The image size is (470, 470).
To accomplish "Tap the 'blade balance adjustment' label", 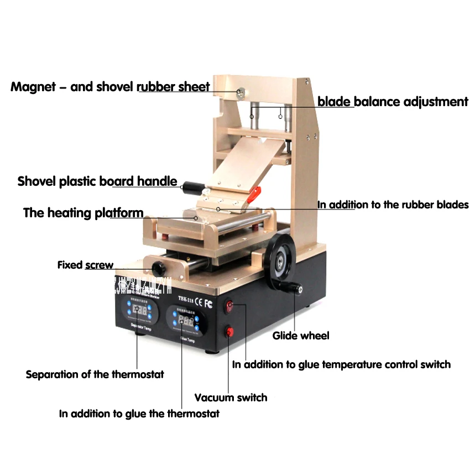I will [393, 102].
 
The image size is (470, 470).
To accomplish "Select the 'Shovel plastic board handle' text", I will [97, 181].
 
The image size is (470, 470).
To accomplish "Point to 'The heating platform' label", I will [83, 213].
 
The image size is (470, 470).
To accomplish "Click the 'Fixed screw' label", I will [85, 265].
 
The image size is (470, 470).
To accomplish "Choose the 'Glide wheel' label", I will [301, 336].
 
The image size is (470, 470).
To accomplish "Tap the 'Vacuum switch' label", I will [231, 397].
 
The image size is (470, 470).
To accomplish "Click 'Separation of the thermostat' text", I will [95, 374].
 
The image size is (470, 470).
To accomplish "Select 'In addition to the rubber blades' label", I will [393, 205].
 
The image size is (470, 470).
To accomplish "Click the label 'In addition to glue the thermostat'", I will [139, 413].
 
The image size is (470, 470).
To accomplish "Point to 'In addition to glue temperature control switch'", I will [341, 364].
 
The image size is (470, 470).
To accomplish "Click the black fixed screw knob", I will [160, 269].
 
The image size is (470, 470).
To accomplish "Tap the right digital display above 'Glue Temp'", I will [186, 321].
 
